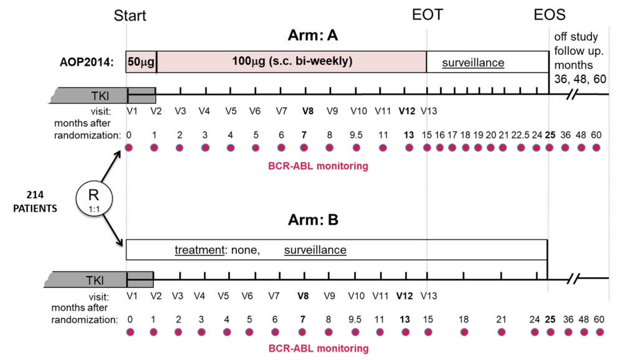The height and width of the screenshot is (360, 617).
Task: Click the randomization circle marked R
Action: coord(94,198)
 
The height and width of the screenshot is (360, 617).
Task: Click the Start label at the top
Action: coord(130,16)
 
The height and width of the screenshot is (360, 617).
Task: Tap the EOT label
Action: coord(428,15)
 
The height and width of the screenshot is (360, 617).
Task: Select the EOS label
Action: coord(549,15)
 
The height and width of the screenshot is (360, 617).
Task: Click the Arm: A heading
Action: coord(313,36)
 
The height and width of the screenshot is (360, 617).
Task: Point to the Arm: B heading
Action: coord(313,219)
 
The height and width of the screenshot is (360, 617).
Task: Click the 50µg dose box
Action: coord(141,62)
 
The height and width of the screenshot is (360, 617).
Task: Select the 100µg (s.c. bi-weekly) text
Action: coord(292,62)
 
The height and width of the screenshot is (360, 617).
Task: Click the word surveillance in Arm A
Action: coord(473,62)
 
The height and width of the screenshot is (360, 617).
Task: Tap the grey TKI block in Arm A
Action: coord(102,96)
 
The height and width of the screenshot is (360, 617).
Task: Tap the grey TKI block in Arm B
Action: coord(98,280)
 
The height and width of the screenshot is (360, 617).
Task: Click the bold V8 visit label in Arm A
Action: coord(308,111)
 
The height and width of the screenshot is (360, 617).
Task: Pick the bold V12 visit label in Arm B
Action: coord(404,296)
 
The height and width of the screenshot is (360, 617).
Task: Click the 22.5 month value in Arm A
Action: coord(520,135)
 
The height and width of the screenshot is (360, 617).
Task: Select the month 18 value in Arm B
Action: coord(464,320)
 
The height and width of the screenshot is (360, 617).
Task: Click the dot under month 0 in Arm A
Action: coord(128,148)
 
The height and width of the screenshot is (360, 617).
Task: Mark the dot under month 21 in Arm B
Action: coord(501,333)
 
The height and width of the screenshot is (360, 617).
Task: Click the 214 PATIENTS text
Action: coord(35,201)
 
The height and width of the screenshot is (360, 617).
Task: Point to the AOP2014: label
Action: coord(87,62)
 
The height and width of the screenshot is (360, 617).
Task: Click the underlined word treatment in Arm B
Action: coord(199,250)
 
